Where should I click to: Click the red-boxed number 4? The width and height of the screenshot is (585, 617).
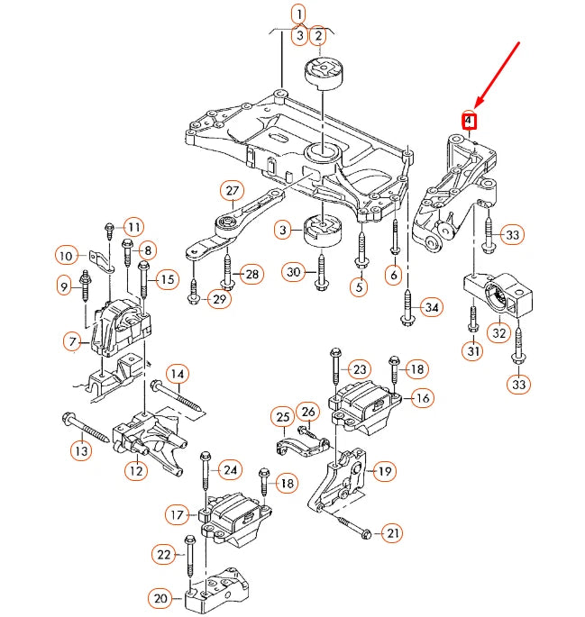[469, 120]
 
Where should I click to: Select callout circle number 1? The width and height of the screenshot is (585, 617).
[297, 14]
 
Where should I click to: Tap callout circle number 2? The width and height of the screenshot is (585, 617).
[317, 36]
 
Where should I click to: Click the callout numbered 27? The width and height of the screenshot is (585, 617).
[233, 191]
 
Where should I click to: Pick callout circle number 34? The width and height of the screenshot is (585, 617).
[433, 308]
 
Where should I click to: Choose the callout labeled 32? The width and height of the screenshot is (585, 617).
[498, 333]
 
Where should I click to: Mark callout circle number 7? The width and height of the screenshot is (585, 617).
[72, 341]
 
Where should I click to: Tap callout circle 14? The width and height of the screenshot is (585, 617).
[178, 374]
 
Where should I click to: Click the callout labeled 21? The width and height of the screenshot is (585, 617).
[393, 534]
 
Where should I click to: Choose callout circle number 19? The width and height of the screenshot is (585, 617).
[385, 470]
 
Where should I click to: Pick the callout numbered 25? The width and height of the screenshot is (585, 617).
[283, 418]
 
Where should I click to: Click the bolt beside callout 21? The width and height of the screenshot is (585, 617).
[351, 524]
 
